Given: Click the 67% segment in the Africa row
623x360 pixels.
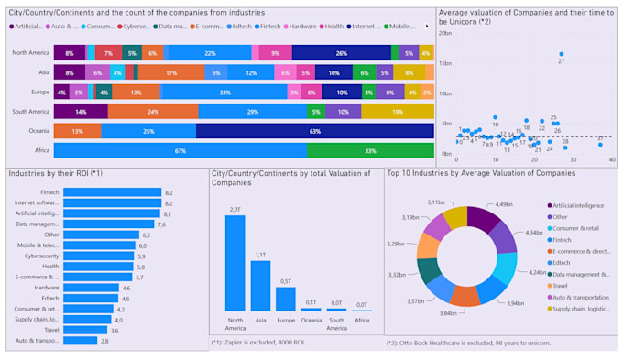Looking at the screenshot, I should coord(180,150).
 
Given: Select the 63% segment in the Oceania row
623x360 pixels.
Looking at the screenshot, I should coord(314,131).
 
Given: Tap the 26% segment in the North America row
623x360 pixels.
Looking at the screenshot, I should coord(341,53).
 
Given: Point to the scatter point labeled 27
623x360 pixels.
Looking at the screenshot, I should coord(562,54).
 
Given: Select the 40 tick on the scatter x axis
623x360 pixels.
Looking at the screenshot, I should coord(612,158).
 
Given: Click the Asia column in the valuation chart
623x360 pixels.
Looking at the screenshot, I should coord(260,286).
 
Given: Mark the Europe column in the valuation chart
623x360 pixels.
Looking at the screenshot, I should coord(286,299).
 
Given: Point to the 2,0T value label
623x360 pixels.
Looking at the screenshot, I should coord(235,210).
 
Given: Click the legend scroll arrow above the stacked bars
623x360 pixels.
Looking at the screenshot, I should coord(427,26).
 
